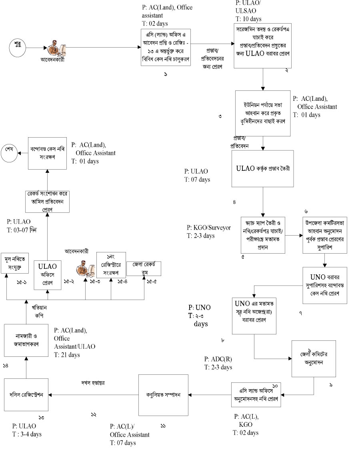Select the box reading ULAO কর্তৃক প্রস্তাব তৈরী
(262, 168)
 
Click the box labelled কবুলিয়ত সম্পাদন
(163, 395)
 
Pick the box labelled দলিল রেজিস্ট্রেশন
(26, 394)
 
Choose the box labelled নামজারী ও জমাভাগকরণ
(26, 340)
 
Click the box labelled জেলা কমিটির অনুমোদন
(313, 358)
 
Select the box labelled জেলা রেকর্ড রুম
(144, 268)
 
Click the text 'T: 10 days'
(248, 18)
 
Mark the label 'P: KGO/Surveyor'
(208, 228)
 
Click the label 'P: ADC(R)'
(218, 359)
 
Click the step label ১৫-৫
(151, 282)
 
